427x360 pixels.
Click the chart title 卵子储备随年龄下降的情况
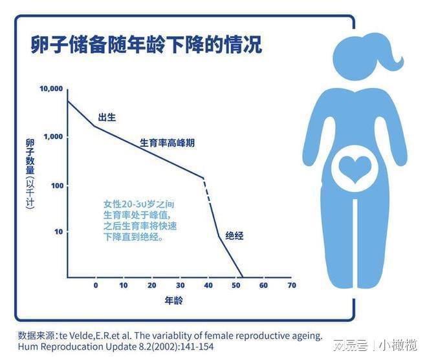click(x=146, y=45)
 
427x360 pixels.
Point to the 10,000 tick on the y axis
click(x=50, y=88)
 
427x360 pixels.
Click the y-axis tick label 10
click(x=58, y=231)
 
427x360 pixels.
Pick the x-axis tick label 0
click(x=96, y=285)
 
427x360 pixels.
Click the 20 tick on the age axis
click(x=151, y=285)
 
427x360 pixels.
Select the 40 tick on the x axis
click(x=208, y=285)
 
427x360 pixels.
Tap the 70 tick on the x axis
click(x=291, y=285)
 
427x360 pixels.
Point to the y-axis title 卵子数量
click(x=30, y=157)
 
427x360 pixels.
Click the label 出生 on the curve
click(x=107, y=117)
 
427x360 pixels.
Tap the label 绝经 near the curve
click(x=234, y=236)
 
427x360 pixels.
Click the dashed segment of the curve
click(x=208, y=190)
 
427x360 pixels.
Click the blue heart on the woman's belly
click(x=355, y=169)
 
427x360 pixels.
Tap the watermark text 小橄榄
click(x=399, y=345)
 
